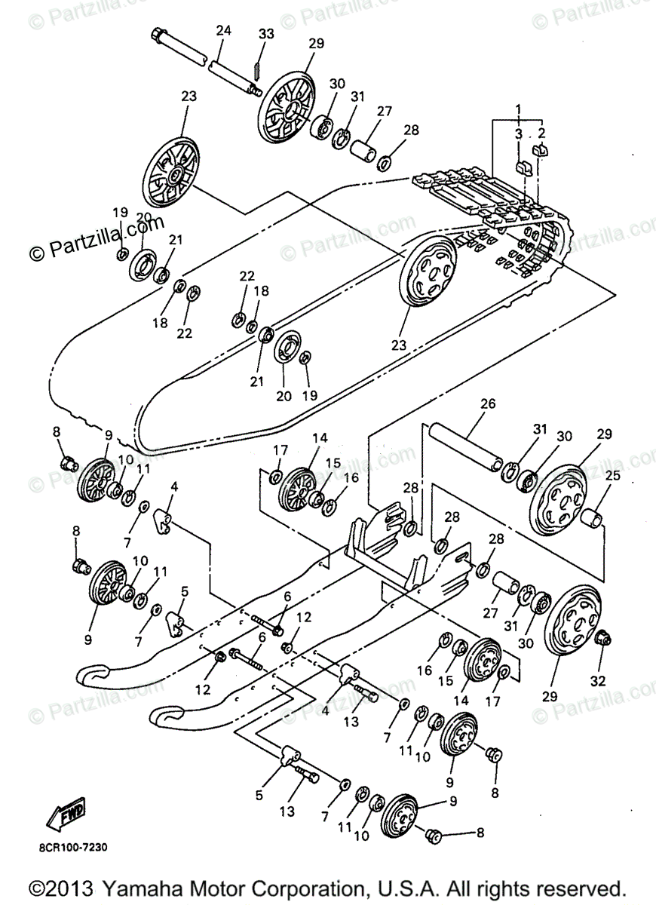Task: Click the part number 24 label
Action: [222, 31]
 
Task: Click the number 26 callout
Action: [487, 403]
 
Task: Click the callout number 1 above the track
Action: [518, 110]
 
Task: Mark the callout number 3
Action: [519, 133]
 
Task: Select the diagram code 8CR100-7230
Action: [73, 847]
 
